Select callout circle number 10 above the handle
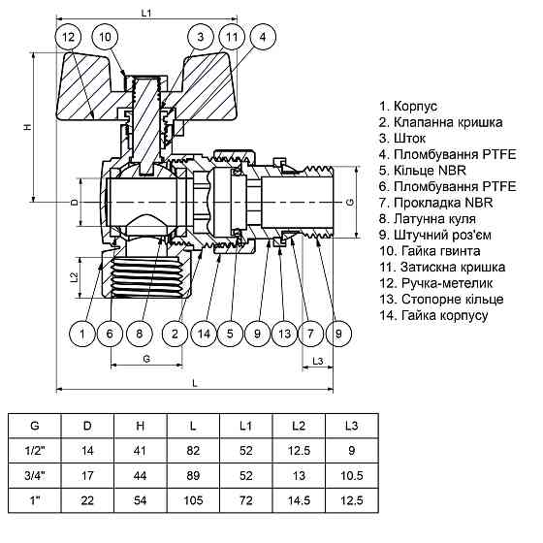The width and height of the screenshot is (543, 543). (x=107, y=37)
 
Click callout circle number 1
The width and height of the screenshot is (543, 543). (x=83, y=335)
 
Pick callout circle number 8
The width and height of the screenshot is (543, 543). (x=140, y=335)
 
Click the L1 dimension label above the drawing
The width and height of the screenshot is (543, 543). (x=146, y=13)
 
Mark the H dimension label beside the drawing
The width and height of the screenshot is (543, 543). (x=28, y=127)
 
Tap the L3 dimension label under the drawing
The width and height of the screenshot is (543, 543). (x=320, y=361)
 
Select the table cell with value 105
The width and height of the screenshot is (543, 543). (x=197, y=500)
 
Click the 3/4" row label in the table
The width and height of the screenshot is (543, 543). (x=36, y=475)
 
